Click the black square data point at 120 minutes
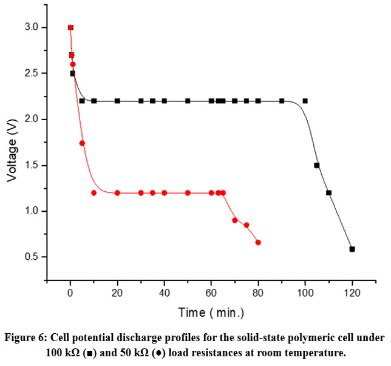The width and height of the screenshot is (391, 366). coord(352,249)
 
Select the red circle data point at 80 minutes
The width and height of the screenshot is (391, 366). coord(258,242)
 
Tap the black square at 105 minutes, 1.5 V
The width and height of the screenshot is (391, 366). coord(316,165)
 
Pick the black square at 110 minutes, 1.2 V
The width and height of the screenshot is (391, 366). coord(328,193)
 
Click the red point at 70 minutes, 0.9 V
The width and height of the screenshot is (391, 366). coord(234,220)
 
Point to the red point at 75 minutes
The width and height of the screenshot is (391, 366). coord(246,225)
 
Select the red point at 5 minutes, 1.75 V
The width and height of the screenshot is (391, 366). coord(82,143)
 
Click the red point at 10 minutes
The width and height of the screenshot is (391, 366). coord(93,193)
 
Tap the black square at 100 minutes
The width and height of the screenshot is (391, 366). coord(305,101)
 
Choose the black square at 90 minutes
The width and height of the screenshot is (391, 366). coord(282,101)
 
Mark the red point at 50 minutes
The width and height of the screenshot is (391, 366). coord(188,193)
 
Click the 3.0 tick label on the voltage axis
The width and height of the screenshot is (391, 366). coord(32,27)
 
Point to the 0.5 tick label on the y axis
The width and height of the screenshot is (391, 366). coord(32,257)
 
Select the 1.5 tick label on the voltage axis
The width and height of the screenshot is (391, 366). coord(32,165)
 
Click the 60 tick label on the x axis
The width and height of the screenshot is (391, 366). coord(211,293)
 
